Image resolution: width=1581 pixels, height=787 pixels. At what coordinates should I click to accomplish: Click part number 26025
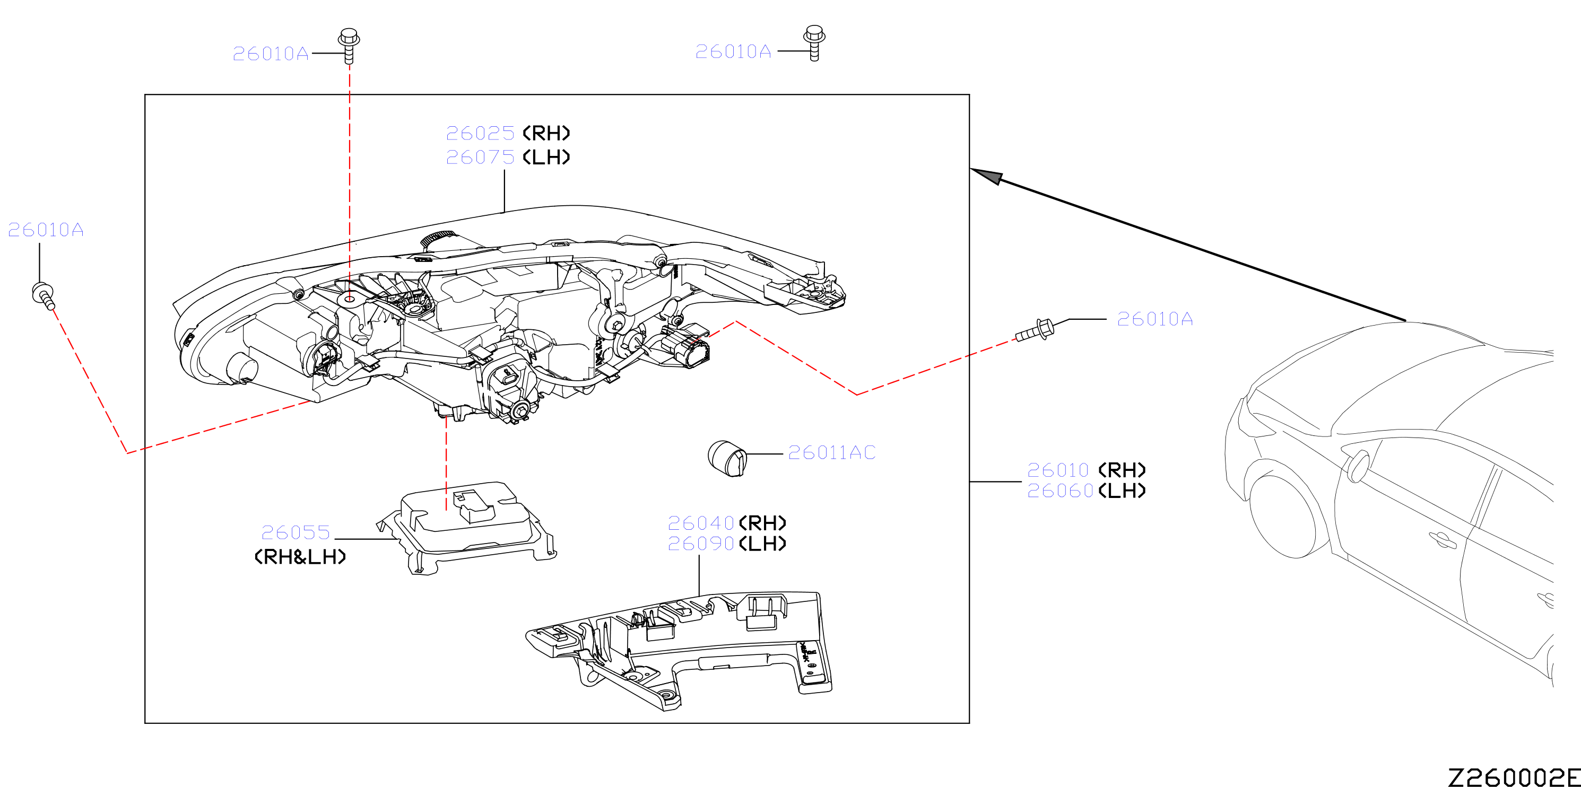[480, 133]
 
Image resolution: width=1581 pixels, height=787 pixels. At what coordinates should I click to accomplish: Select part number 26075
[480, 158]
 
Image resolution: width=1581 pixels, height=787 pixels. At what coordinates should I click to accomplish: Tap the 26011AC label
[832, 453]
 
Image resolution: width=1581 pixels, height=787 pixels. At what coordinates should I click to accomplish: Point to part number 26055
[296, 532]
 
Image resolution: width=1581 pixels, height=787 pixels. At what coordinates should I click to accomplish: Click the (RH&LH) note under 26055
[300, 557]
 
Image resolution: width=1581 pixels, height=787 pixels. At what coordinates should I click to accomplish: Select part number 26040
[701, 523]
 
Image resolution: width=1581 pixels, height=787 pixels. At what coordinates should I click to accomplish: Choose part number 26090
[701, 544]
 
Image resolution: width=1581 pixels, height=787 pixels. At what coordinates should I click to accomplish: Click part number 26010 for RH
[1058, 470]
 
